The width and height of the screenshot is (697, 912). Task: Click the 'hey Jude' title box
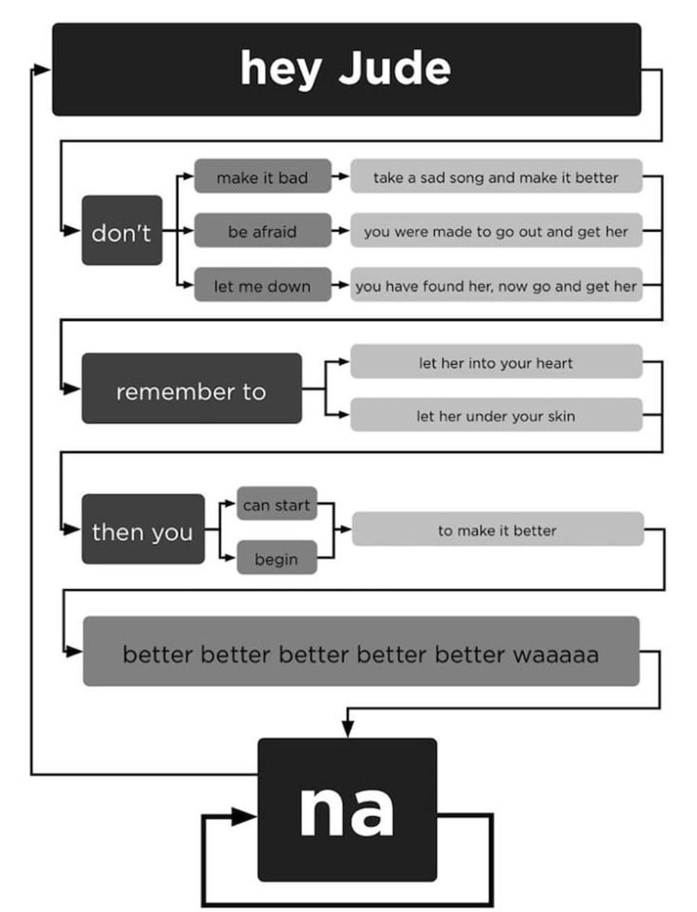tap(346, 69)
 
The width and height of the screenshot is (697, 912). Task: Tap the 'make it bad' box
tap(262, 177)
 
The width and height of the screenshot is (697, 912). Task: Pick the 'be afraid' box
tap(262, 231)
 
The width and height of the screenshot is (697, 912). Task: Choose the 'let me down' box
tap(262, 285)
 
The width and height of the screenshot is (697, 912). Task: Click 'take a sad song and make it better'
tap(496, 177)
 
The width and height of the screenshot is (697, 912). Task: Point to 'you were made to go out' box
tap(496, 231)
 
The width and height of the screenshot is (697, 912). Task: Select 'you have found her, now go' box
tap(496, 285)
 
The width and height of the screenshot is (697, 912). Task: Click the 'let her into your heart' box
tap(496, 362)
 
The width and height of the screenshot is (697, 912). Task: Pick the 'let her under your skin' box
tap(496, 416)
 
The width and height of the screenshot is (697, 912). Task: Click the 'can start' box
tap(277, 504)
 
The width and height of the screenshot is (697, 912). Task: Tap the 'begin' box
tap(277, 558)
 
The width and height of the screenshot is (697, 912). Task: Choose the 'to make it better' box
tap(497, 529)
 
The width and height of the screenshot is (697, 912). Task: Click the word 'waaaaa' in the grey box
tap(556, 654)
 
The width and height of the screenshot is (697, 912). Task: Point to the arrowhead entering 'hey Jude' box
tap(43, 69)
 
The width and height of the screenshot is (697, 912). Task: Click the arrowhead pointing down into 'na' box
tap(347, 729)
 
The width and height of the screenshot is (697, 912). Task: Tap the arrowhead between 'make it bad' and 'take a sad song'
tap(342, 177)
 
